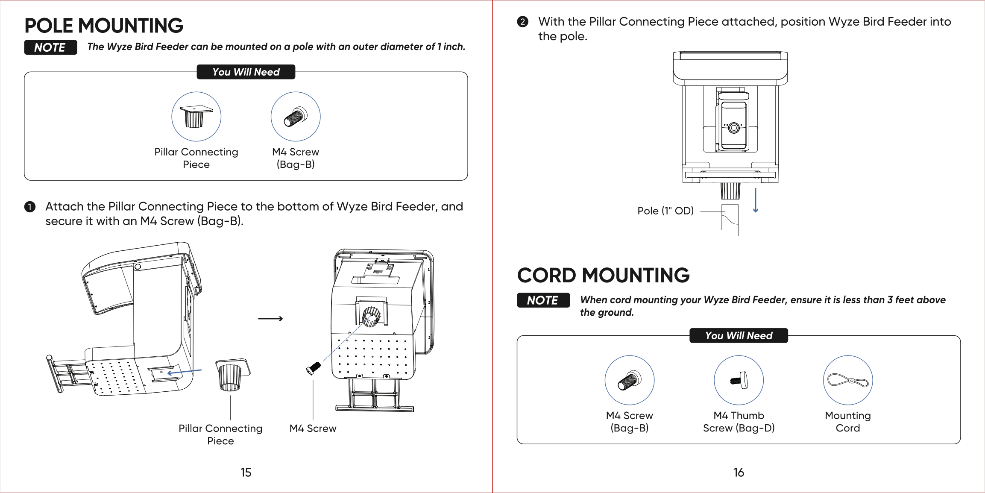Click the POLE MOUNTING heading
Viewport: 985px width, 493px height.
(104, 26)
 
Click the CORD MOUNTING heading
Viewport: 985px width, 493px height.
(603, 275)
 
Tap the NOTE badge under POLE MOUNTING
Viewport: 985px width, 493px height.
(50, 47)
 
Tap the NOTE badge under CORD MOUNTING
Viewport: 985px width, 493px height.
(543, 300)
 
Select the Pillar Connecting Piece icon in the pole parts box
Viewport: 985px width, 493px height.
(196, 117)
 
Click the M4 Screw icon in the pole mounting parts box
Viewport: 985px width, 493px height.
(295, 117)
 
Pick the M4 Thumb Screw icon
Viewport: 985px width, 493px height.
(739, 380)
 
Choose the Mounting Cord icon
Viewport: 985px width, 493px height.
(848, 380)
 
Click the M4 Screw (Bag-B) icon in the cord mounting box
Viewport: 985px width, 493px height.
(629, 380)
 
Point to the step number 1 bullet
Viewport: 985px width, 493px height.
(30, 207)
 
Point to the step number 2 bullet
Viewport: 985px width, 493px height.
(522, 22)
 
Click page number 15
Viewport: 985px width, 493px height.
(246, 472)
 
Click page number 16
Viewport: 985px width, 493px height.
(739, 472)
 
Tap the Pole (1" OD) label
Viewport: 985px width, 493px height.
(665, 211)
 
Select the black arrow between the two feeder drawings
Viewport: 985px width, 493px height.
(270, 319)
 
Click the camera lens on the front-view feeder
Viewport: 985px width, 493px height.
(734, 127)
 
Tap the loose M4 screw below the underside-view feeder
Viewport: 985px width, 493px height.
(313, 368)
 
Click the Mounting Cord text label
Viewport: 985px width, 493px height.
(847, 422)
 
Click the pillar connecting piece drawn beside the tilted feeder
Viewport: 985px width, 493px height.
(232, 374)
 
